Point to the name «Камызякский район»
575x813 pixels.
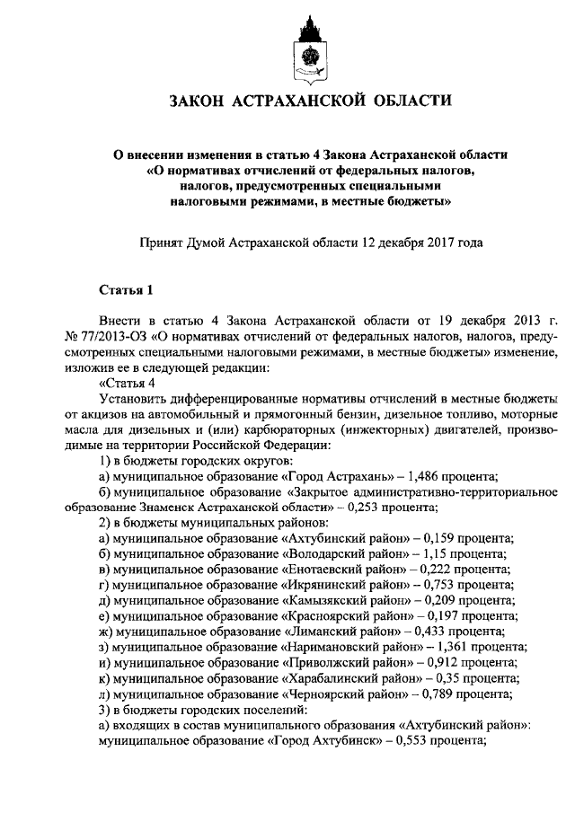point(345,599)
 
